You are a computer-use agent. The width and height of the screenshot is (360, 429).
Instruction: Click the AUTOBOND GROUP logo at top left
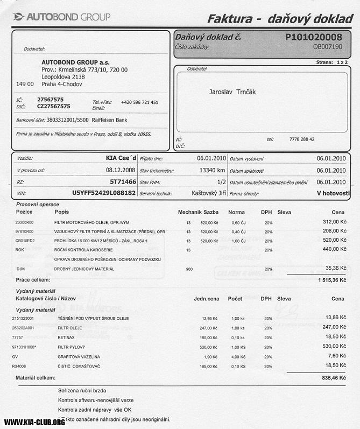coord(61,17)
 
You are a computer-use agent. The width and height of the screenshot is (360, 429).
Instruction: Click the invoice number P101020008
coord(314,37)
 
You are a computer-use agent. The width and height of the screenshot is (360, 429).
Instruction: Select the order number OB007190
coord(328,47)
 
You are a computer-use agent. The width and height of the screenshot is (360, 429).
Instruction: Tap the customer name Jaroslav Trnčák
coord(232,92)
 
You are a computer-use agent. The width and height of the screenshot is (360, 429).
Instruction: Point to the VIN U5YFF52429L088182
coord(104,193)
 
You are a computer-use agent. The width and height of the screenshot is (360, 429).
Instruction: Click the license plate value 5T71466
coord(123,182)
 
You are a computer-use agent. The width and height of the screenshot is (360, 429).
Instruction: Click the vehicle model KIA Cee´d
coord(121,158)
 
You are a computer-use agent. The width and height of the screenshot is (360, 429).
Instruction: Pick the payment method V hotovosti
coord(333,193)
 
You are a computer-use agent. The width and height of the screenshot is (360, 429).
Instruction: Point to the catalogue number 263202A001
coord(23,328)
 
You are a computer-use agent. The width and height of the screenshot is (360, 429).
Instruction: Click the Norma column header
coord(236,212)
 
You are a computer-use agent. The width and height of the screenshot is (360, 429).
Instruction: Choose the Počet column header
coord(235,298)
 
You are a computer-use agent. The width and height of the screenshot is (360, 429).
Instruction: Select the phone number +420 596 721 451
coord(139,102)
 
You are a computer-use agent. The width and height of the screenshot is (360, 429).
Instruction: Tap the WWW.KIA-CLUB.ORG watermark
coord(34,422)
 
